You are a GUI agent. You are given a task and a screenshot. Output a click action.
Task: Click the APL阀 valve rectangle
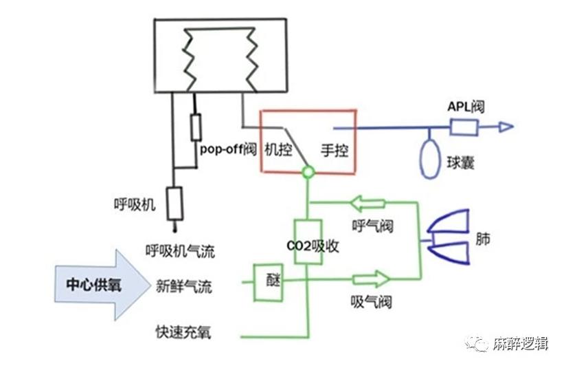(464, 127)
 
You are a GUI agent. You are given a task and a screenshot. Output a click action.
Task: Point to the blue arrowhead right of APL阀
(505, 127)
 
